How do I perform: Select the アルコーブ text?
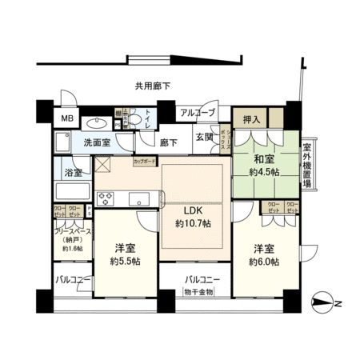(197, 114)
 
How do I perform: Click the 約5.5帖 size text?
(124, 262)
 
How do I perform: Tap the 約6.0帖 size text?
(262, 262)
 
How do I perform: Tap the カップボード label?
(145, 160)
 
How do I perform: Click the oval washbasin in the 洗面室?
(98, 123)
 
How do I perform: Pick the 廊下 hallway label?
(168, 142)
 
